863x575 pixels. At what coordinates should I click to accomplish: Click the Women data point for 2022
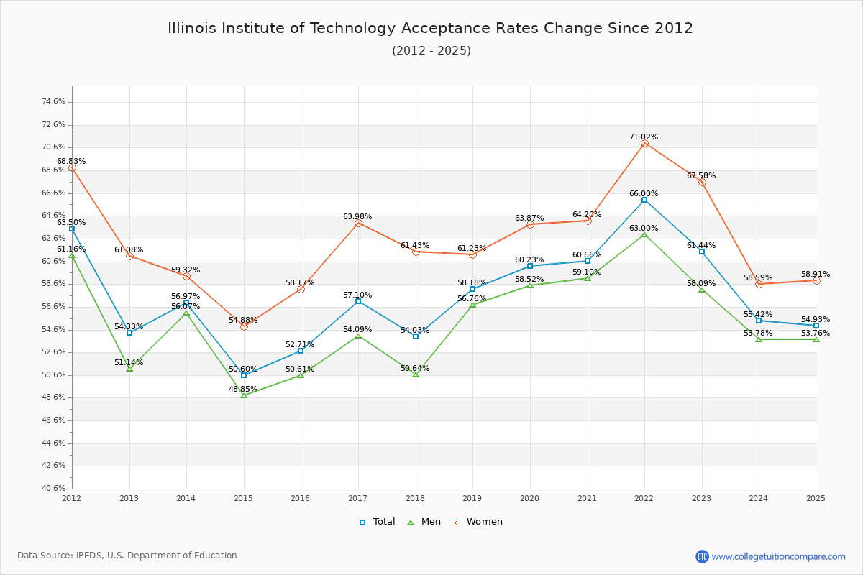[644, 144]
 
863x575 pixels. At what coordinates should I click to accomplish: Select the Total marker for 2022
[644, 200]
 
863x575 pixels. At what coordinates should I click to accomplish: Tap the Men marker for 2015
[244, 395]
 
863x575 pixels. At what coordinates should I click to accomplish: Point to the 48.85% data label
[243, 389]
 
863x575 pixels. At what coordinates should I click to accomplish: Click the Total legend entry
[377, 522]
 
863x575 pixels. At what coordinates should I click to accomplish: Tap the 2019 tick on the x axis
[472, 497]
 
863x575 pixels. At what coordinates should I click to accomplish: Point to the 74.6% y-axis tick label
[54, 102]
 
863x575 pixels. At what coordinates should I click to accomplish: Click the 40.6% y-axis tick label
[54, 489]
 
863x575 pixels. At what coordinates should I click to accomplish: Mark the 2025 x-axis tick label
[816, 497]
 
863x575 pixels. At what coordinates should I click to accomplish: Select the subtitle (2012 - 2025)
[431, 50]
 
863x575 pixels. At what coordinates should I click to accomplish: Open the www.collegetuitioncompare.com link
[778, 556]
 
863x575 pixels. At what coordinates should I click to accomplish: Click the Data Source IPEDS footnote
[127, 556]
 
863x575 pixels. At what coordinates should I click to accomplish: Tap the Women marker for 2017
[358, 224]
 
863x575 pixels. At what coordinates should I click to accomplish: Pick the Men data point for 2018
[416, 374]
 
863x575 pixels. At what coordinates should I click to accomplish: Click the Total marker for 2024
[759, 321]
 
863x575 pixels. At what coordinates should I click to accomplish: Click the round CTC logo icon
[702, 556]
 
